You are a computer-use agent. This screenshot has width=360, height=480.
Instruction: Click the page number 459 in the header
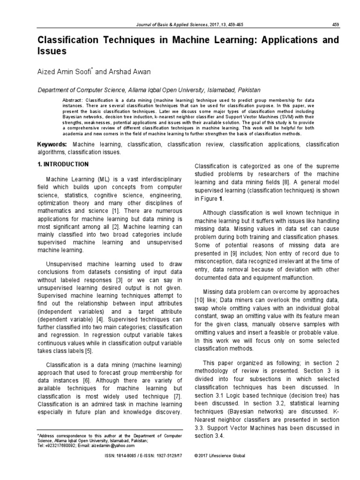point(335,25)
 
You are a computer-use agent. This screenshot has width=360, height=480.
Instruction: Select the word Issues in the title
point(52,51)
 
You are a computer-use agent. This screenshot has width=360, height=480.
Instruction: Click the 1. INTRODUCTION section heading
point(63,165)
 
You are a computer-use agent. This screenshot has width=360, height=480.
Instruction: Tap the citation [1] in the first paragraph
point(115,211)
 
